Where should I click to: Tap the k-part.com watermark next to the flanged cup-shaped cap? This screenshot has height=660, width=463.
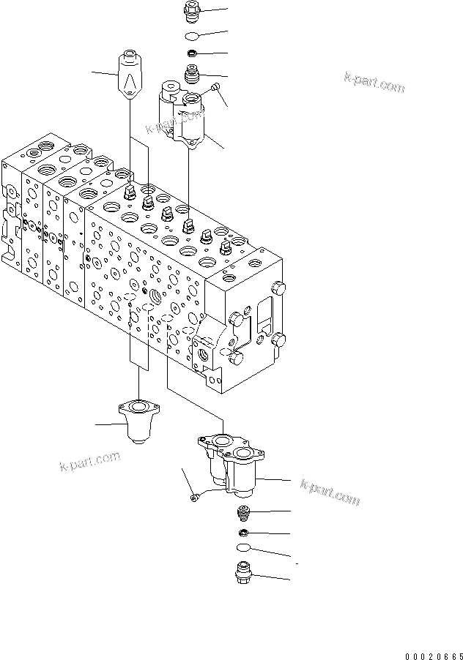click(89, 462)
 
